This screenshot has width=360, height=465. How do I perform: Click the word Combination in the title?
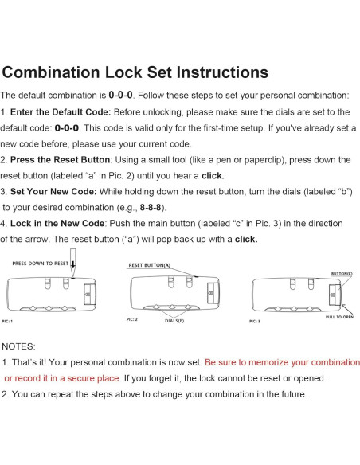51,72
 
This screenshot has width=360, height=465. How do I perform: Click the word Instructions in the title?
222,72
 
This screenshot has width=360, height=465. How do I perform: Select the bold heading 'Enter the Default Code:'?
61,112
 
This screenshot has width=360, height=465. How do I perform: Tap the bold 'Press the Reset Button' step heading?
61,160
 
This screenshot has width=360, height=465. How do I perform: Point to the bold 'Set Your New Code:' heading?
53,192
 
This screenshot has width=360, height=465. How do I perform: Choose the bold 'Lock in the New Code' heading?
57,223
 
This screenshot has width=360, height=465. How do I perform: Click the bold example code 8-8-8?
151,208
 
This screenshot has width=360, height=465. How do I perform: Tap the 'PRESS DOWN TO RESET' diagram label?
41,264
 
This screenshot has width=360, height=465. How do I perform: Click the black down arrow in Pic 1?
73,264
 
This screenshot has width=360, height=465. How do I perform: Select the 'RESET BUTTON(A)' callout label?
150,265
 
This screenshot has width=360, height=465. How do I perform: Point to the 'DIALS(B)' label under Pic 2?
174,321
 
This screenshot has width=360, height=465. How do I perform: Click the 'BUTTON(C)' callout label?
342,274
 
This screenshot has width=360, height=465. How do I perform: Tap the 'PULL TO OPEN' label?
339,317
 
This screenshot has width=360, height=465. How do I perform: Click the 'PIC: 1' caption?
7,321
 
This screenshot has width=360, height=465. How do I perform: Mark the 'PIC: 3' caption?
255,321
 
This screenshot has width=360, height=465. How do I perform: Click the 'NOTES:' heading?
18,346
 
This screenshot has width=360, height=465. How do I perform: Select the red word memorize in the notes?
268,363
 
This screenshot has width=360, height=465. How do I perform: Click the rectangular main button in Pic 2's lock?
213,294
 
